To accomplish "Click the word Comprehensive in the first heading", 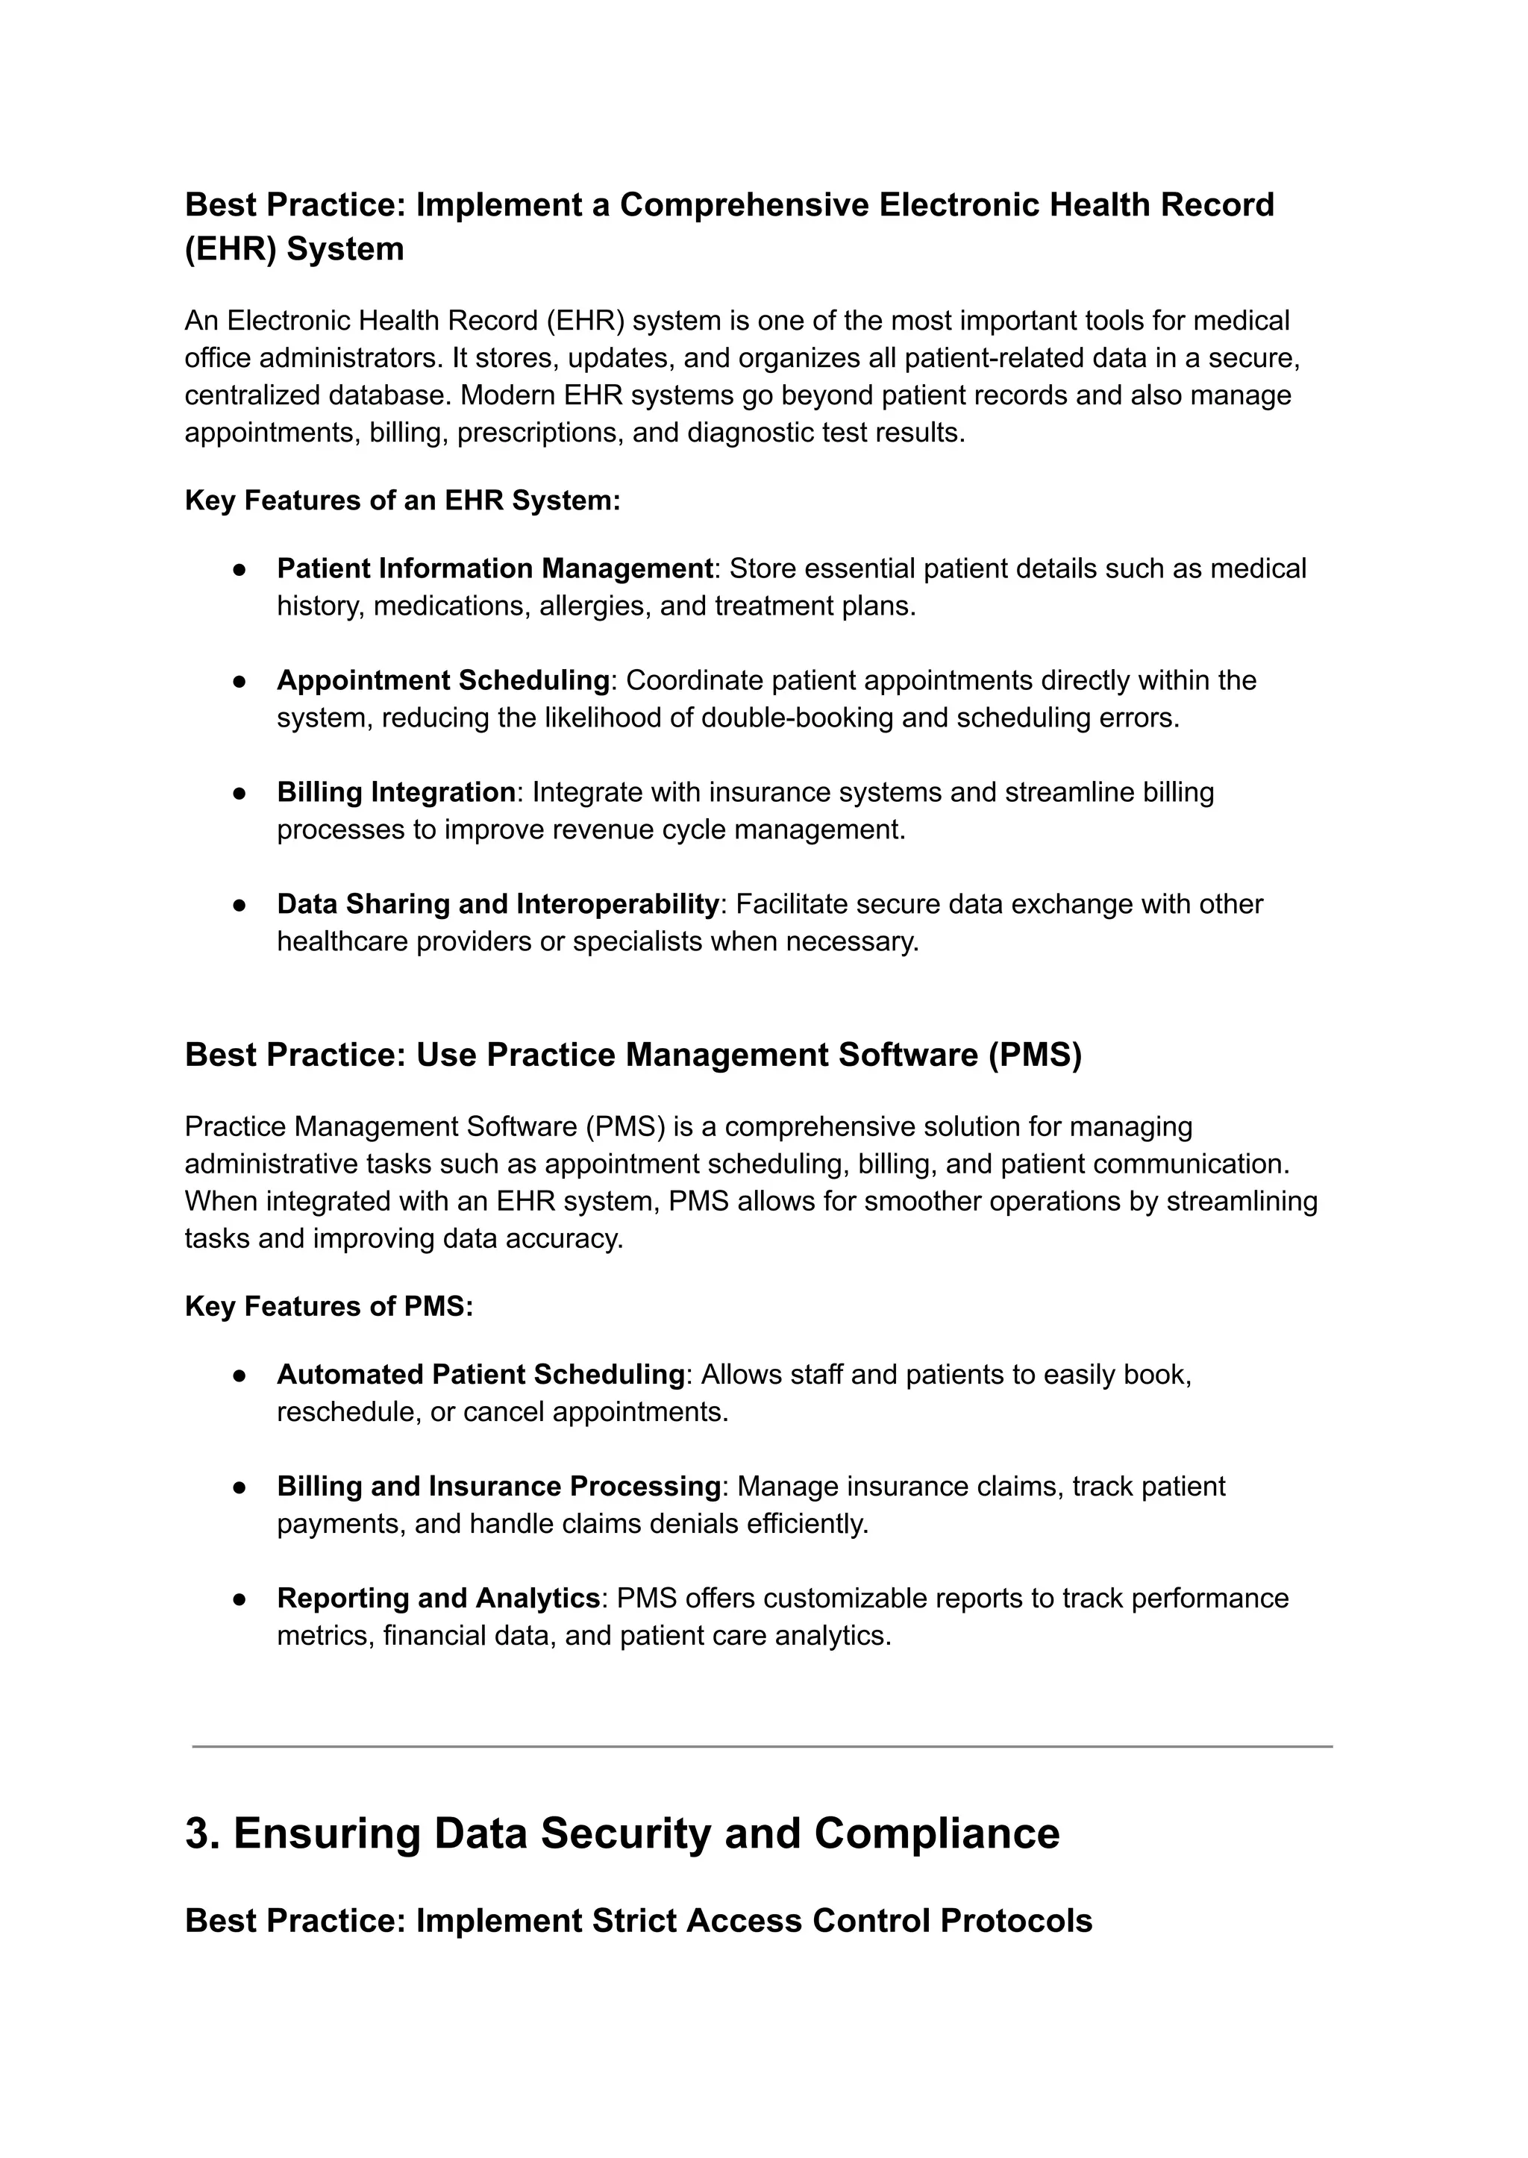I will (743, 205).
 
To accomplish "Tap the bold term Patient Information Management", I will (494, 568).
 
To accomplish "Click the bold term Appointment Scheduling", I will (442, 680).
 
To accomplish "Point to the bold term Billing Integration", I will (395, 792).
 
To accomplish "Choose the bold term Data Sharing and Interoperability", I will (498, 904).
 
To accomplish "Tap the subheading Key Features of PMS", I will (328, 1307).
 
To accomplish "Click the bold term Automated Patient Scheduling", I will (480, 1374).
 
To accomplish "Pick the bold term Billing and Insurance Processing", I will (498, 1487).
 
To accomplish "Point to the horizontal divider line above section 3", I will (762, 1747).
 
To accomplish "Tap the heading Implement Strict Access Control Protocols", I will (638, 1920).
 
